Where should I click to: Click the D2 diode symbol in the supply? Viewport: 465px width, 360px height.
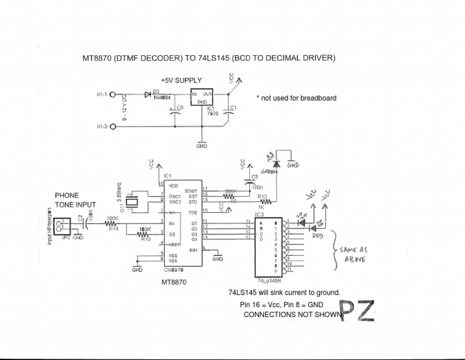click(148, 95)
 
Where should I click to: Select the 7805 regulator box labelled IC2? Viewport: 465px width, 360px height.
click(202, 98)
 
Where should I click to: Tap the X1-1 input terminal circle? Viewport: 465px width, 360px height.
click(112, 95)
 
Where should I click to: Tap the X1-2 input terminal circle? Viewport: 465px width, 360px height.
click(112, 127)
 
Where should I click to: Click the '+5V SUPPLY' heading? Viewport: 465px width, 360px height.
click(182, 80)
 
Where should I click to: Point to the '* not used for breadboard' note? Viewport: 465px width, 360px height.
click(296, 98)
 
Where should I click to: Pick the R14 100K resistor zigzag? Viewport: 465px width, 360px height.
click(113, 224)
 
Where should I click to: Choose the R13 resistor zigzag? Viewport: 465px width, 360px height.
click(143, 234)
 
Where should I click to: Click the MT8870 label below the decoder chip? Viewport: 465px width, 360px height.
click(174, 282)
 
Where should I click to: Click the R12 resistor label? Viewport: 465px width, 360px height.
click(262, 196)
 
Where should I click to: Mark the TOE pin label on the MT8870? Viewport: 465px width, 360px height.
click(193, 213)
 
